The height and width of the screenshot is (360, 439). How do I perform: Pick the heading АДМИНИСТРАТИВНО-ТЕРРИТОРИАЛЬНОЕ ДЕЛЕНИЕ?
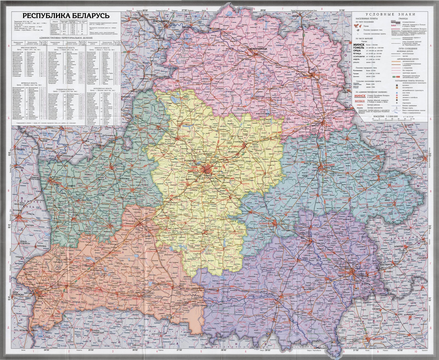66,38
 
